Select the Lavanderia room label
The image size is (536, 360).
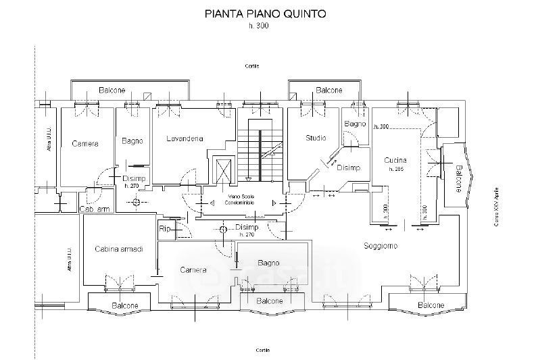[185, 139]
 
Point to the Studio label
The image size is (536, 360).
[315, 138]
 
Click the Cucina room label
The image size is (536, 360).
[395, 160]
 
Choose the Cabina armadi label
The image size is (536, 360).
[118, 249]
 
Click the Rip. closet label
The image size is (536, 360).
[165, 229]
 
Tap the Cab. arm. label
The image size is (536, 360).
[94, 209]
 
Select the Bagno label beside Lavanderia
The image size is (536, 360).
[132, 141]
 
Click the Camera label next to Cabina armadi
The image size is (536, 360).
[193, 270]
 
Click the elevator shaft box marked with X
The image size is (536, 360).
[222, 168]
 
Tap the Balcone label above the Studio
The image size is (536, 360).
[329, 90]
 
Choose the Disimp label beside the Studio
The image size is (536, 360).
[348, 168]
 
